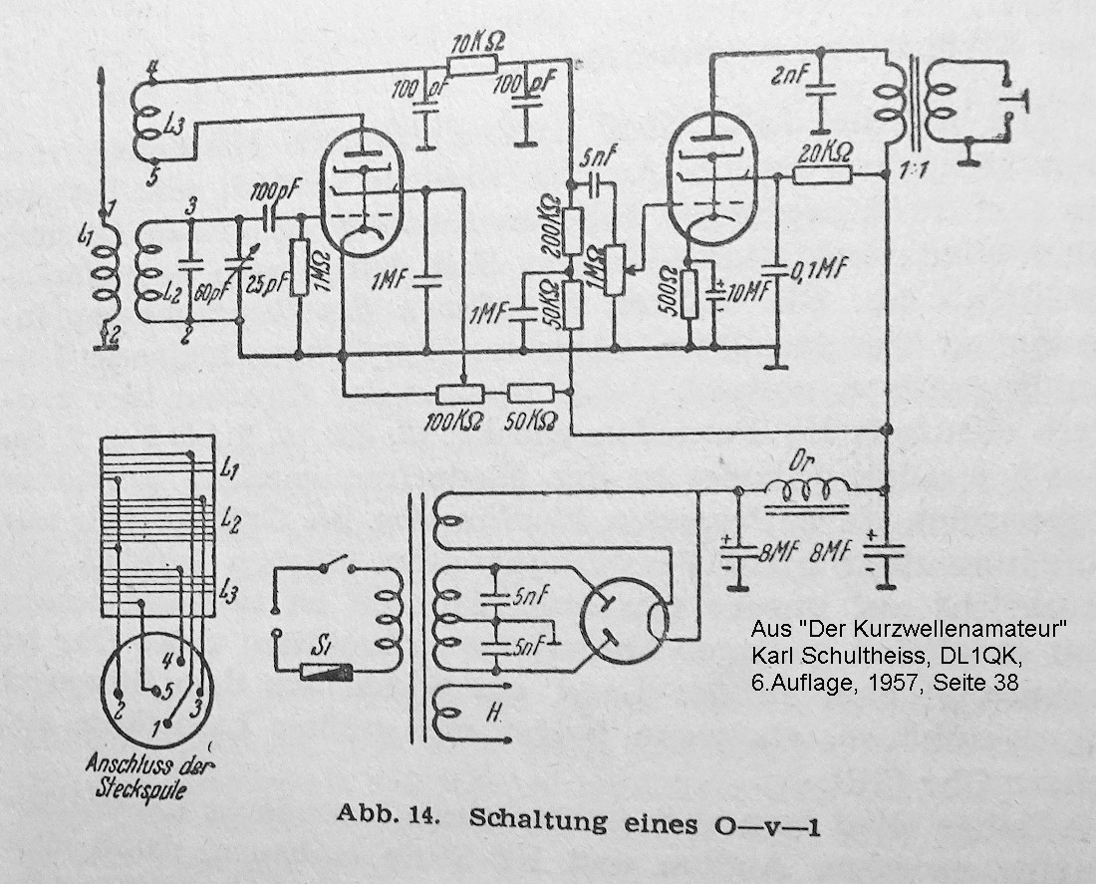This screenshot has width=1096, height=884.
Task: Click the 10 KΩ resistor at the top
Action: pyautogui.click(x=471, y=66)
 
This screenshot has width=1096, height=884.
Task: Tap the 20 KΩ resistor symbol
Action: pyautogui.click(x=822, y=175)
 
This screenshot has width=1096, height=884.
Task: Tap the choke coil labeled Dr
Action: pyautogui.click(x=807, y=488)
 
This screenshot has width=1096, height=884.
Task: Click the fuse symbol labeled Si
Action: pyautogui.click(x=325, y=671)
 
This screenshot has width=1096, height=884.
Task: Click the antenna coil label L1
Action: pyautogui.click(x=84, y=238)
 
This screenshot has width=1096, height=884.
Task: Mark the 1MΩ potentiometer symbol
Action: pyautogui.click(x=616, y=264)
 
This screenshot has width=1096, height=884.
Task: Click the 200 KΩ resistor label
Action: pyautogui.click(x=547, y=230)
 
